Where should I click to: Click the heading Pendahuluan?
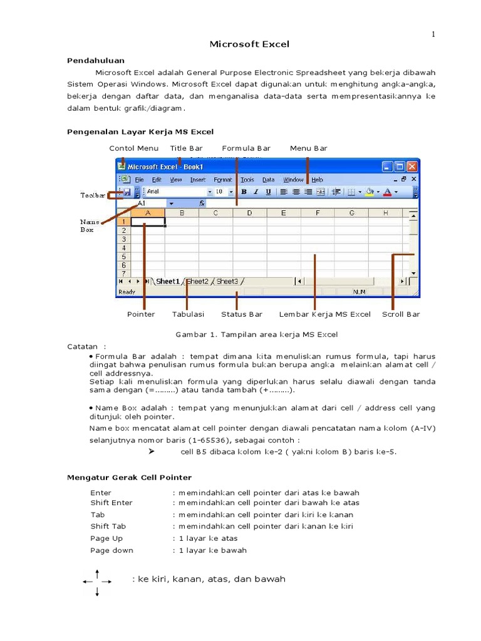click(x=96, y=61)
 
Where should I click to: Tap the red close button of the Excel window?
click(x=411, y=167)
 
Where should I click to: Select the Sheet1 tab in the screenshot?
click(x=167, y=282)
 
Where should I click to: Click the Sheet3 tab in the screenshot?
click(x=227, y=282)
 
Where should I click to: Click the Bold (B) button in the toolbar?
click(x=244, y=192)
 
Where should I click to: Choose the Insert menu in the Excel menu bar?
click(x=197, y=180)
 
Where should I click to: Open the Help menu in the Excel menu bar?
click(x=317, y=180)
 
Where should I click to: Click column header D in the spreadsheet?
click(x=249, y=213)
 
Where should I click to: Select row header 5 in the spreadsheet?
click(x=124, y=257)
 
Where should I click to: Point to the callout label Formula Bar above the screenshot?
click(x=246, y=148)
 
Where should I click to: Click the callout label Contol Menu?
click(x=133, y=148)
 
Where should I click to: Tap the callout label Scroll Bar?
click(x=401, y=314)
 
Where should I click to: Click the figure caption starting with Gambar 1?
click(x=256, y=334)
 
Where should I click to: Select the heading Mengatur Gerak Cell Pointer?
click(x=129, y=478)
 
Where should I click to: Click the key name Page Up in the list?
click(x=106, y=538)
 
